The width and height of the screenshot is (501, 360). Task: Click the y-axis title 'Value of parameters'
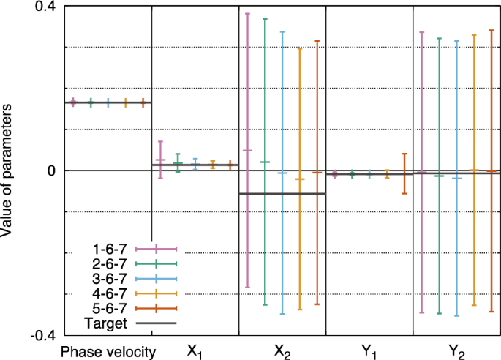(x=9, y=170)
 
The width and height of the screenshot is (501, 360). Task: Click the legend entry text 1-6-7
(x=110, y=250)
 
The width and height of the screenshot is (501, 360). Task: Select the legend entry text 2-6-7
(x=110, y=264)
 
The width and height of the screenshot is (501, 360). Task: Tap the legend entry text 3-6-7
(x=110, y=279)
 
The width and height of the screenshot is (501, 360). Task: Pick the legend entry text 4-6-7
(x=110, y=293)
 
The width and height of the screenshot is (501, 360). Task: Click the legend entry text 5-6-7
(x=110, y=308)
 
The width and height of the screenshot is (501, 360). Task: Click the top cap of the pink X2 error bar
(x=247, y=14)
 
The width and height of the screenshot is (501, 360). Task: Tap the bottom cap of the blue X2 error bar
(x=282, y=314)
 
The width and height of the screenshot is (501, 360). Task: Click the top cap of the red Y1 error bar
(x=404, y=154)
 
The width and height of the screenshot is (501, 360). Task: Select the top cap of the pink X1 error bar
(x=160, y=141)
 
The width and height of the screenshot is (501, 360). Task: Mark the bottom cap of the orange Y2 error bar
(x=474, y=305)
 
